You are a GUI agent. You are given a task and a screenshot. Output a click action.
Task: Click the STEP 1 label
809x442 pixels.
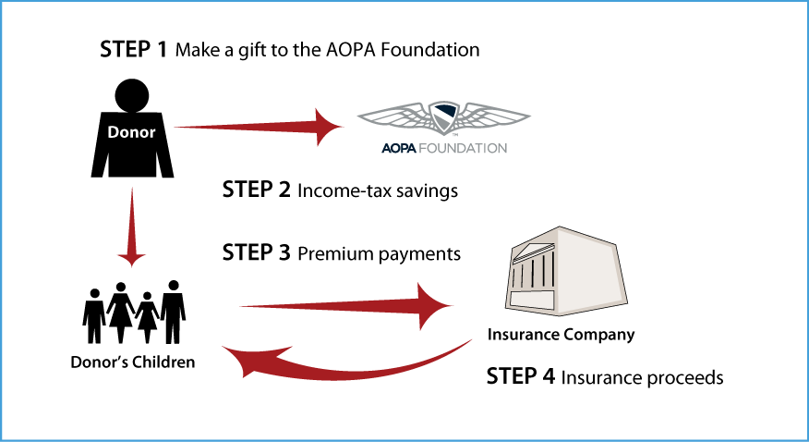[x=134, y=50]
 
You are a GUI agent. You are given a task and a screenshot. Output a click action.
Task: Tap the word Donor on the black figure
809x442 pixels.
[x=131, y=132]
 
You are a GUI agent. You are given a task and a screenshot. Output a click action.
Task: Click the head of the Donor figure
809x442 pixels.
[x=132, y=95]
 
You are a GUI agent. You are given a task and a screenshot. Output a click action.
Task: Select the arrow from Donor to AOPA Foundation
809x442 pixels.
[x=258, y=127]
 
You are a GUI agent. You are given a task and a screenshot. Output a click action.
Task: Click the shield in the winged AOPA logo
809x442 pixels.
[x=443, y=117]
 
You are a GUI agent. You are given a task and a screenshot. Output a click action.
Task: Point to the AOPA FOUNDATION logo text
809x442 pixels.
[x=444, y=148]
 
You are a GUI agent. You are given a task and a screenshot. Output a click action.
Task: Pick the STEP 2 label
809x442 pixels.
[x=257, y=190]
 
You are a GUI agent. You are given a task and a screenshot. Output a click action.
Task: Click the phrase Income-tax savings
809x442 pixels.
[x=378, y=191]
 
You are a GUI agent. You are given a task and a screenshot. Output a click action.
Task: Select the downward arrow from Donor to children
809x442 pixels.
[x=131, y=227]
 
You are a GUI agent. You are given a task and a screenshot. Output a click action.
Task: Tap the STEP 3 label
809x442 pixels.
[x=257, y=253]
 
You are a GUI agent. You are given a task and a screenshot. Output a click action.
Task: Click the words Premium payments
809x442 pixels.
[x=380, y=254]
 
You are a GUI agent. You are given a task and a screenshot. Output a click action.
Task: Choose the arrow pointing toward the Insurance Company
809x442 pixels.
[x=345, y=306]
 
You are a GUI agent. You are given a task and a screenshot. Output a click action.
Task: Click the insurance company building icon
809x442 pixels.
[x=566, y=271]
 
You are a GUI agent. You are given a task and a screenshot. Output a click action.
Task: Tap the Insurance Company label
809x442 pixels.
[x=561, y=335]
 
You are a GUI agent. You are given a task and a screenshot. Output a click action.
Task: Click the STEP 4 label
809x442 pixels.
[x=521, y=376]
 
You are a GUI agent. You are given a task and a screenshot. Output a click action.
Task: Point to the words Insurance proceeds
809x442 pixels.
[x=642, y=377]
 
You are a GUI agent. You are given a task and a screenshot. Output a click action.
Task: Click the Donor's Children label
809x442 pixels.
[x=133, y=362]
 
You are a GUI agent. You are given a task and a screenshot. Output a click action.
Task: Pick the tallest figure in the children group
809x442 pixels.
[x=174, y=312]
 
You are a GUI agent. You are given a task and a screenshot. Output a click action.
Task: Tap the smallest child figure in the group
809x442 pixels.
[x=147, y=317]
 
